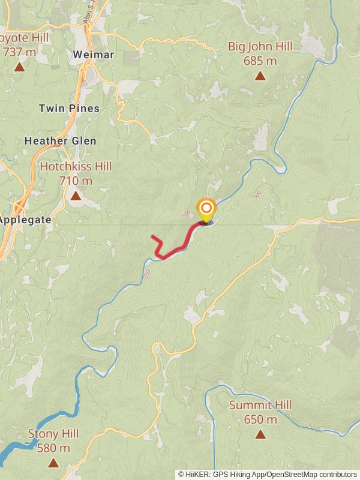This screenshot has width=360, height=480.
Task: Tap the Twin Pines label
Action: pyautogui.click(x=69, y=109)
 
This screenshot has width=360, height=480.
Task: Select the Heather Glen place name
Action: pyautogui.click(x=60, y=141)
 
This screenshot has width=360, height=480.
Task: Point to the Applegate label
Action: pyautogui.click(x=25, y=220)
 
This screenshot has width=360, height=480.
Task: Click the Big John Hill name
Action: pyautogui.click(x=260, y=47)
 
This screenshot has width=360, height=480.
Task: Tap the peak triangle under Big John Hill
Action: pyautogui.click(x=260, y=76)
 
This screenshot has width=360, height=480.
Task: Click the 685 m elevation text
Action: pyautogui.click(x=260, y=61)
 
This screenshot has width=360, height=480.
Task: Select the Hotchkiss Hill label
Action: pyautogui.click(x=76, y=166)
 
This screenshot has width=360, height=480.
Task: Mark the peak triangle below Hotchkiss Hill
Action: pyautogui.click(x=76, y=196)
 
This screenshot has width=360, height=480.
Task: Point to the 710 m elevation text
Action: pyautogui.click(x=76, y=180)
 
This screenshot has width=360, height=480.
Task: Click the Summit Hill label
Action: pyautogui.click(x=260, y=406)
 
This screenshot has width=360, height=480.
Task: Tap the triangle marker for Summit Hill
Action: pyautogui.click(x=260, y=434)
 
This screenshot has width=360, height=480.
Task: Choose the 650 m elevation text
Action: pyautogui.click(x=260, y=419)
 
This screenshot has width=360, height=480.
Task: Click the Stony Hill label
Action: pyautogui.click(x=53, y=434)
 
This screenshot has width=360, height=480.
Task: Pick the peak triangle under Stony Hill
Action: pyautogui.click(x=53, y=462)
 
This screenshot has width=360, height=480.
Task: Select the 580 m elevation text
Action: pyautogui.click(x=53, y=448)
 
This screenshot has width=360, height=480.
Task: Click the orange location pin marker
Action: pyautogui.click(x=206, y=209)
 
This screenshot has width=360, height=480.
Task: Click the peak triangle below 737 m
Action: pyautogui.click(x=19, y=67)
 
